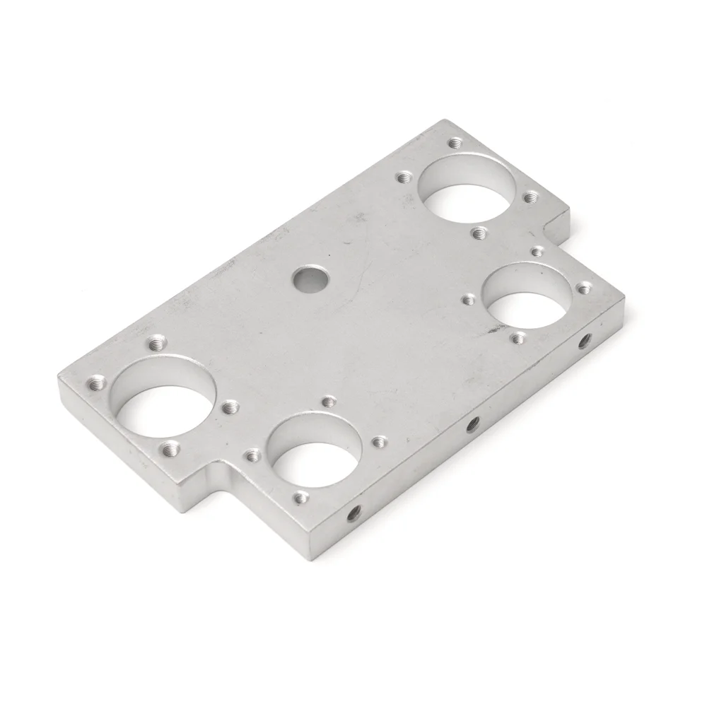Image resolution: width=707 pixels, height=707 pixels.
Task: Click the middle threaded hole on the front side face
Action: tap(472, 423)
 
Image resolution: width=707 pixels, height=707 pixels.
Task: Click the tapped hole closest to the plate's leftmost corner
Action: tap(96, 385)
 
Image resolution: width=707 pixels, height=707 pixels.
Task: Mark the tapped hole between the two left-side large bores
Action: tap(230, 407)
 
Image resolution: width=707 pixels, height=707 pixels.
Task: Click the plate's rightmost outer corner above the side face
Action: tap(624, 296)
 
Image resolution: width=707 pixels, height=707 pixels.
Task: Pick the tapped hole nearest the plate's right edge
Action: tap(584, 288)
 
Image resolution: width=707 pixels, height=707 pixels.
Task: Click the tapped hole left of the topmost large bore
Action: tap(404, 177)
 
